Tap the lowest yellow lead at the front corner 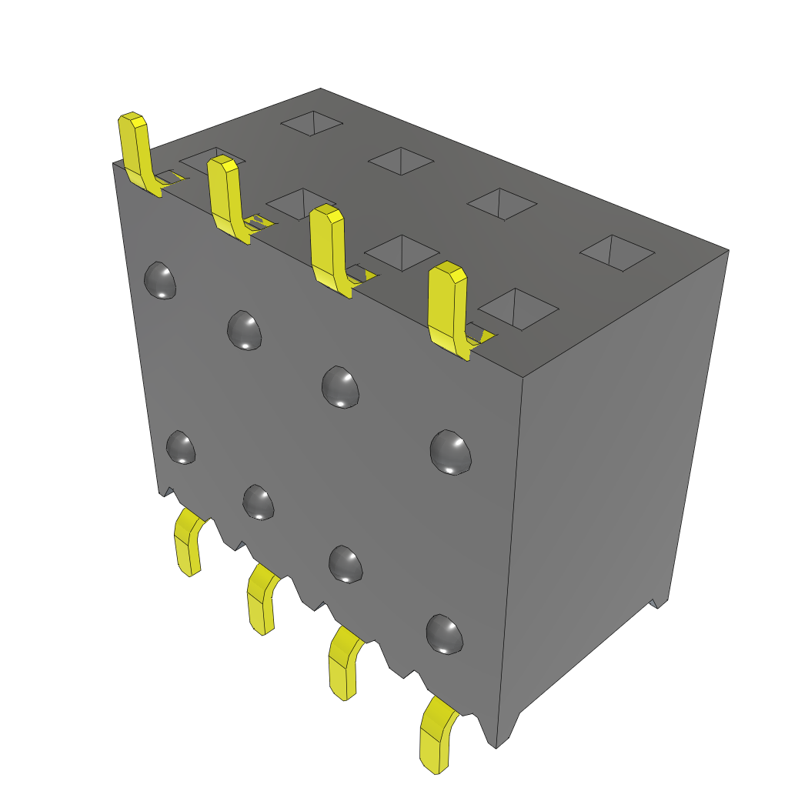(436, 735)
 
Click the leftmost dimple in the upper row (161, 280)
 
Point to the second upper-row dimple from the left (245, 329)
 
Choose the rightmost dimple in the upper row (450, 452)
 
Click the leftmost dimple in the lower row (181, 447)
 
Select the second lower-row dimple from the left (259, 502)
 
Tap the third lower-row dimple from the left (346, 563)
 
